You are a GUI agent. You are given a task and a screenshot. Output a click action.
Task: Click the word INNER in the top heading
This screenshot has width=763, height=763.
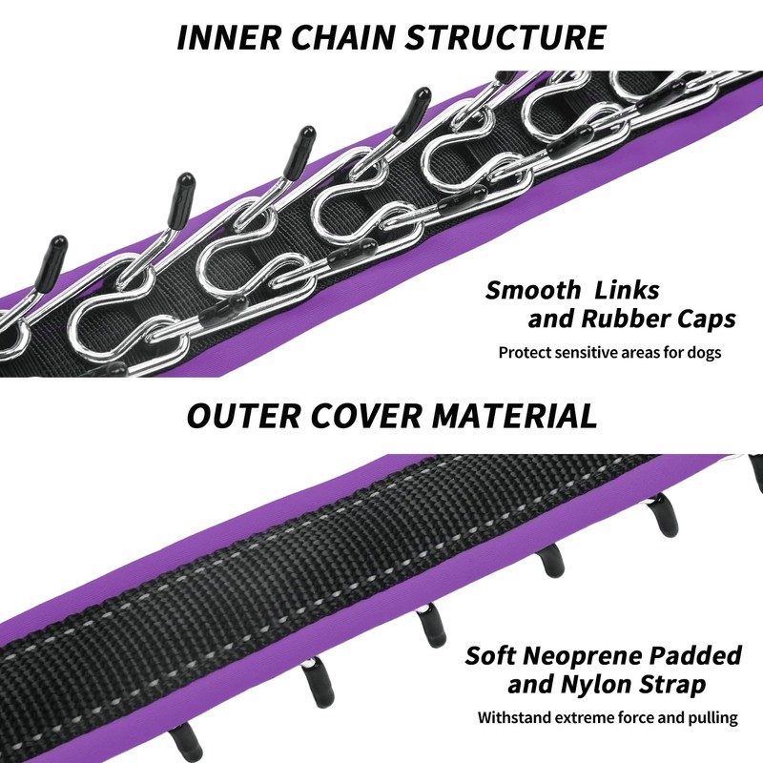[229, 37]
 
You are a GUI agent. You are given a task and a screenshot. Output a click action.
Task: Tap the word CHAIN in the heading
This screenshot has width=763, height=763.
[342, 37]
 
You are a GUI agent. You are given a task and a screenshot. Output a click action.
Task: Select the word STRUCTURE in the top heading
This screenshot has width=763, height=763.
[506, 37]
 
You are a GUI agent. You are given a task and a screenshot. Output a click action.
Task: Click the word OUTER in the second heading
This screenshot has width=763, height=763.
[243, 416]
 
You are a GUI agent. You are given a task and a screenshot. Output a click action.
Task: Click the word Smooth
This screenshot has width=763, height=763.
[533, 290]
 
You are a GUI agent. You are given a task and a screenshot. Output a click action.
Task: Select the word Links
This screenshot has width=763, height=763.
[627, 290]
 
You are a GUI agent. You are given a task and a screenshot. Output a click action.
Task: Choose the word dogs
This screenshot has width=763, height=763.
[703, 352]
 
